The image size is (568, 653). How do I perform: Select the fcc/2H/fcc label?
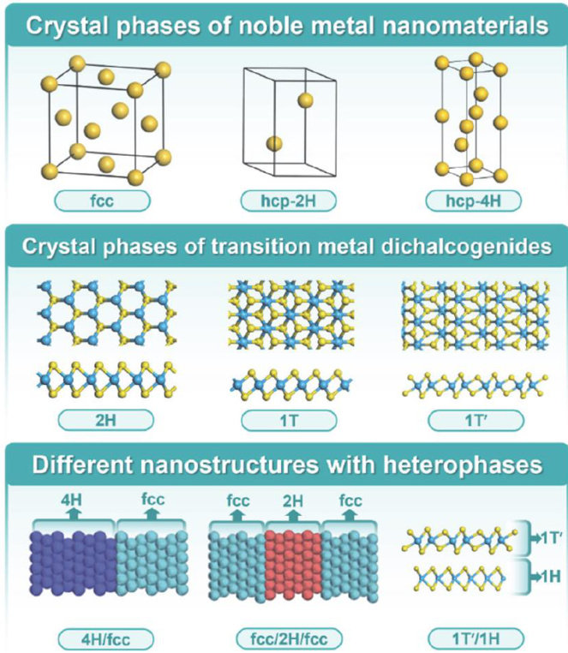[284, 638]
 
